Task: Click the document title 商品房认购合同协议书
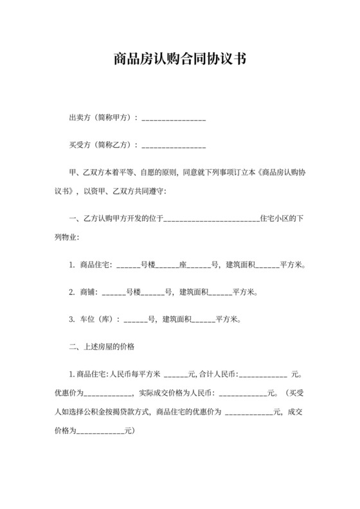coord(179,59)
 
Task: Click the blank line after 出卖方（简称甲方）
coord(174,120)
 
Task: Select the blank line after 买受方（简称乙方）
coord(174,147)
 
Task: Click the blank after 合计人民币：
coord(263,375)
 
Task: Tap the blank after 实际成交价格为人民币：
coord(242,393)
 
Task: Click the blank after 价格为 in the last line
coord(100,430)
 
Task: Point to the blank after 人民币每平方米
coord(176,375)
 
